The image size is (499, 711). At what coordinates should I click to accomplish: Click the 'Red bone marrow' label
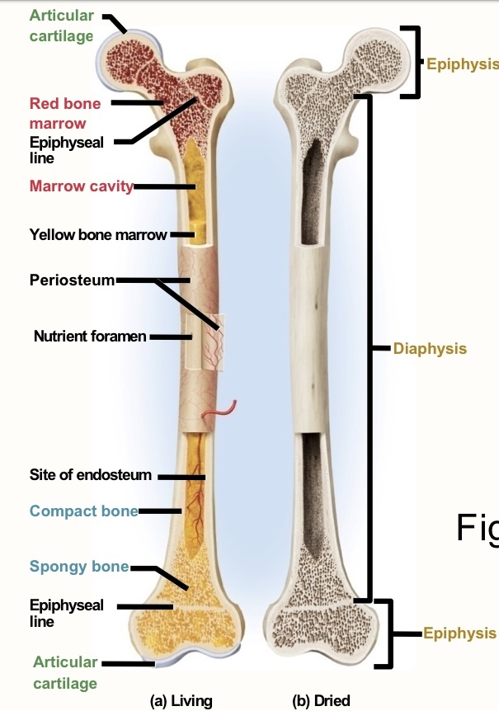pyautogui.click(x=64, y=113)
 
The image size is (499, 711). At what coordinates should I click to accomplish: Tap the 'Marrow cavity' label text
pyautogui.click(x=81, y=186)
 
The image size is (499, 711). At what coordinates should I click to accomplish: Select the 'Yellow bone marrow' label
pyautogui.click(x=98, y=234)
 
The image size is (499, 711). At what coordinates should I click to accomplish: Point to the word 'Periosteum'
pyautogui.click(x=72, y=280)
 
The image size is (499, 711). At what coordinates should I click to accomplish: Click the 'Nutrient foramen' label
pyautogui.click(x=90, y=336)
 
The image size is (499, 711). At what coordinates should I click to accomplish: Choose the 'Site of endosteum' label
pyautogui.click(x=91, y=475)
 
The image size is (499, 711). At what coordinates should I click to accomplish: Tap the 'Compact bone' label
pyautogui.click(x=83, y=511)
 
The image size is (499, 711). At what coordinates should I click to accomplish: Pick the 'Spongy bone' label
pyautogui.click(x=79, y=566)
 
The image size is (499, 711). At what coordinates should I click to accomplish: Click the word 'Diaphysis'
pyautogui.click(x=430, y=348)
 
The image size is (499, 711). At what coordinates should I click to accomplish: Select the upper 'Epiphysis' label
pyautogui.click(x=462, y=64)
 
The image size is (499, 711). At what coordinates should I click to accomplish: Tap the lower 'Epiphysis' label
pyautogui.click(x=459, y=633)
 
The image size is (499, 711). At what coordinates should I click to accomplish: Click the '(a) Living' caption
pyautogui.click(x=181, y=701)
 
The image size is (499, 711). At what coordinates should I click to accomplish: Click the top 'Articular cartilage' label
pyautogui.click(x=61, y=26)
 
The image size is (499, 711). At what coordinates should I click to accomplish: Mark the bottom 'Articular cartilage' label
pyautogui.click(x=65, y=672)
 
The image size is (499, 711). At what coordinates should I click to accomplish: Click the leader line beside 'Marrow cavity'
pyautogui.click(x=164, y=186)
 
